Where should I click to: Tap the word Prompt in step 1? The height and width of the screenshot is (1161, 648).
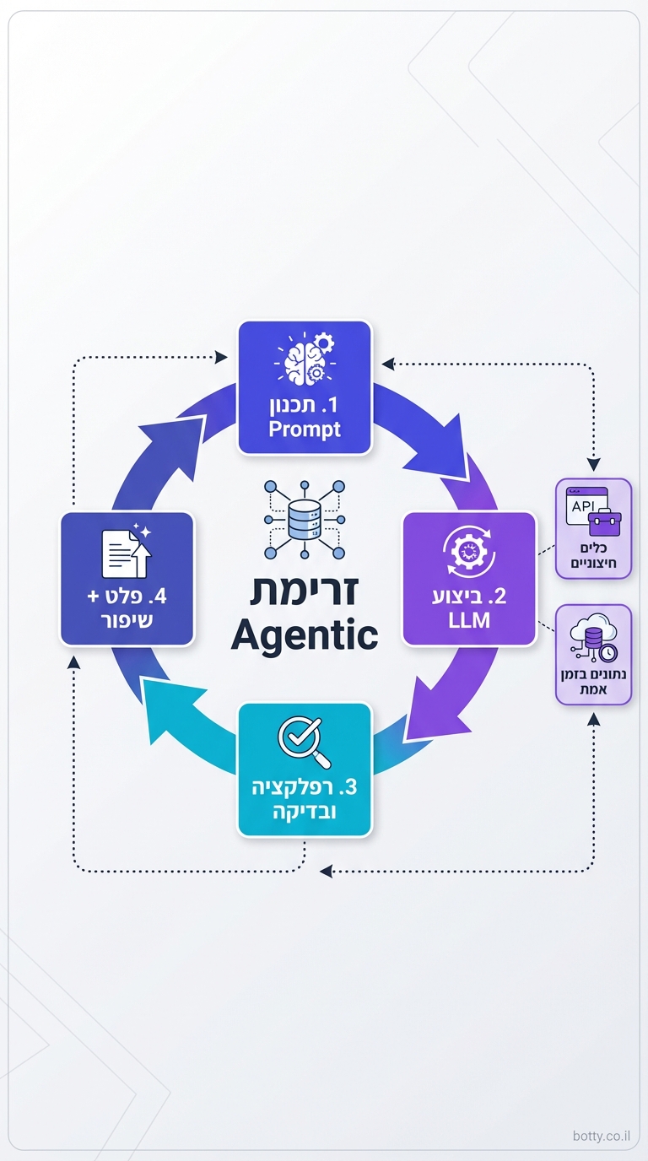(x=305, y=429)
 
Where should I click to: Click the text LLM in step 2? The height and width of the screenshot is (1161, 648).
(x=469, y=622)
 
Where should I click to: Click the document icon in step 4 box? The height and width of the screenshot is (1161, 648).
(x=126, y=553)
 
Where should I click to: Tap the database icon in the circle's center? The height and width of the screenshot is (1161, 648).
(x=304, y=519)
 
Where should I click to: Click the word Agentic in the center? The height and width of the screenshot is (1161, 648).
(x=304, y=634)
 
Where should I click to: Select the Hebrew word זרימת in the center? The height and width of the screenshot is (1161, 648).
(x=304, y=589)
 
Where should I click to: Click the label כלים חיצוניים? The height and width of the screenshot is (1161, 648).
(x=594, y=553)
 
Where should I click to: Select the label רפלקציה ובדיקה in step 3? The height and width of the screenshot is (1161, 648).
(x=305, y=799)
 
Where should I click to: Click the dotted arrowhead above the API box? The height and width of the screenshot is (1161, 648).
(x=594, y=465)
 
